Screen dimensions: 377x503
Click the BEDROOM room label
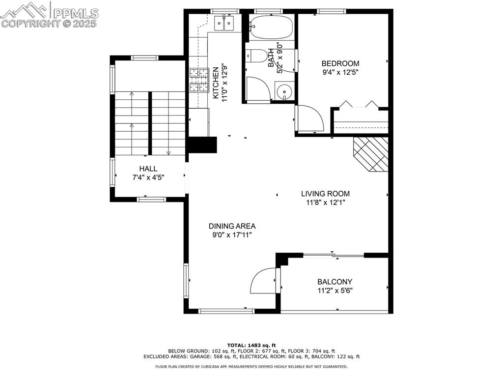point(340,63)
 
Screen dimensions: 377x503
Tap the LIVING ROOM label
point(325,194)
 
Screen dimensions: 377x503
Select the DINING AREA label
point(232,226)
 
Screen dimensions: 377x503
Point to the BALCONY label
point(335,282)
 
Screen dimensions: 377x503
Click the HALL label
point(148,169)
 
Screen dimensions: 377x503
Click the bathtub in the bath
point(271,27)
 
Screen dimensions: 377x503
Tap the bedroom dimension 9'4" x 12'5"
point(340,73)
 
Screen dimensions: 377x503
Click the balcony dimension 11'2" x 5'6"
point(335,290)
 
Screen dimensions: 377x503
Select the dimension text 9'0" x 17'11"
point(232,235)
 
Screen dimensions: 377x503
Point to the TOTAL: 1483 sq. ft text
point(251,345)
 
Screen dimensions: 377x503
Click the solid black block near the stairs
point(202,145)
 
